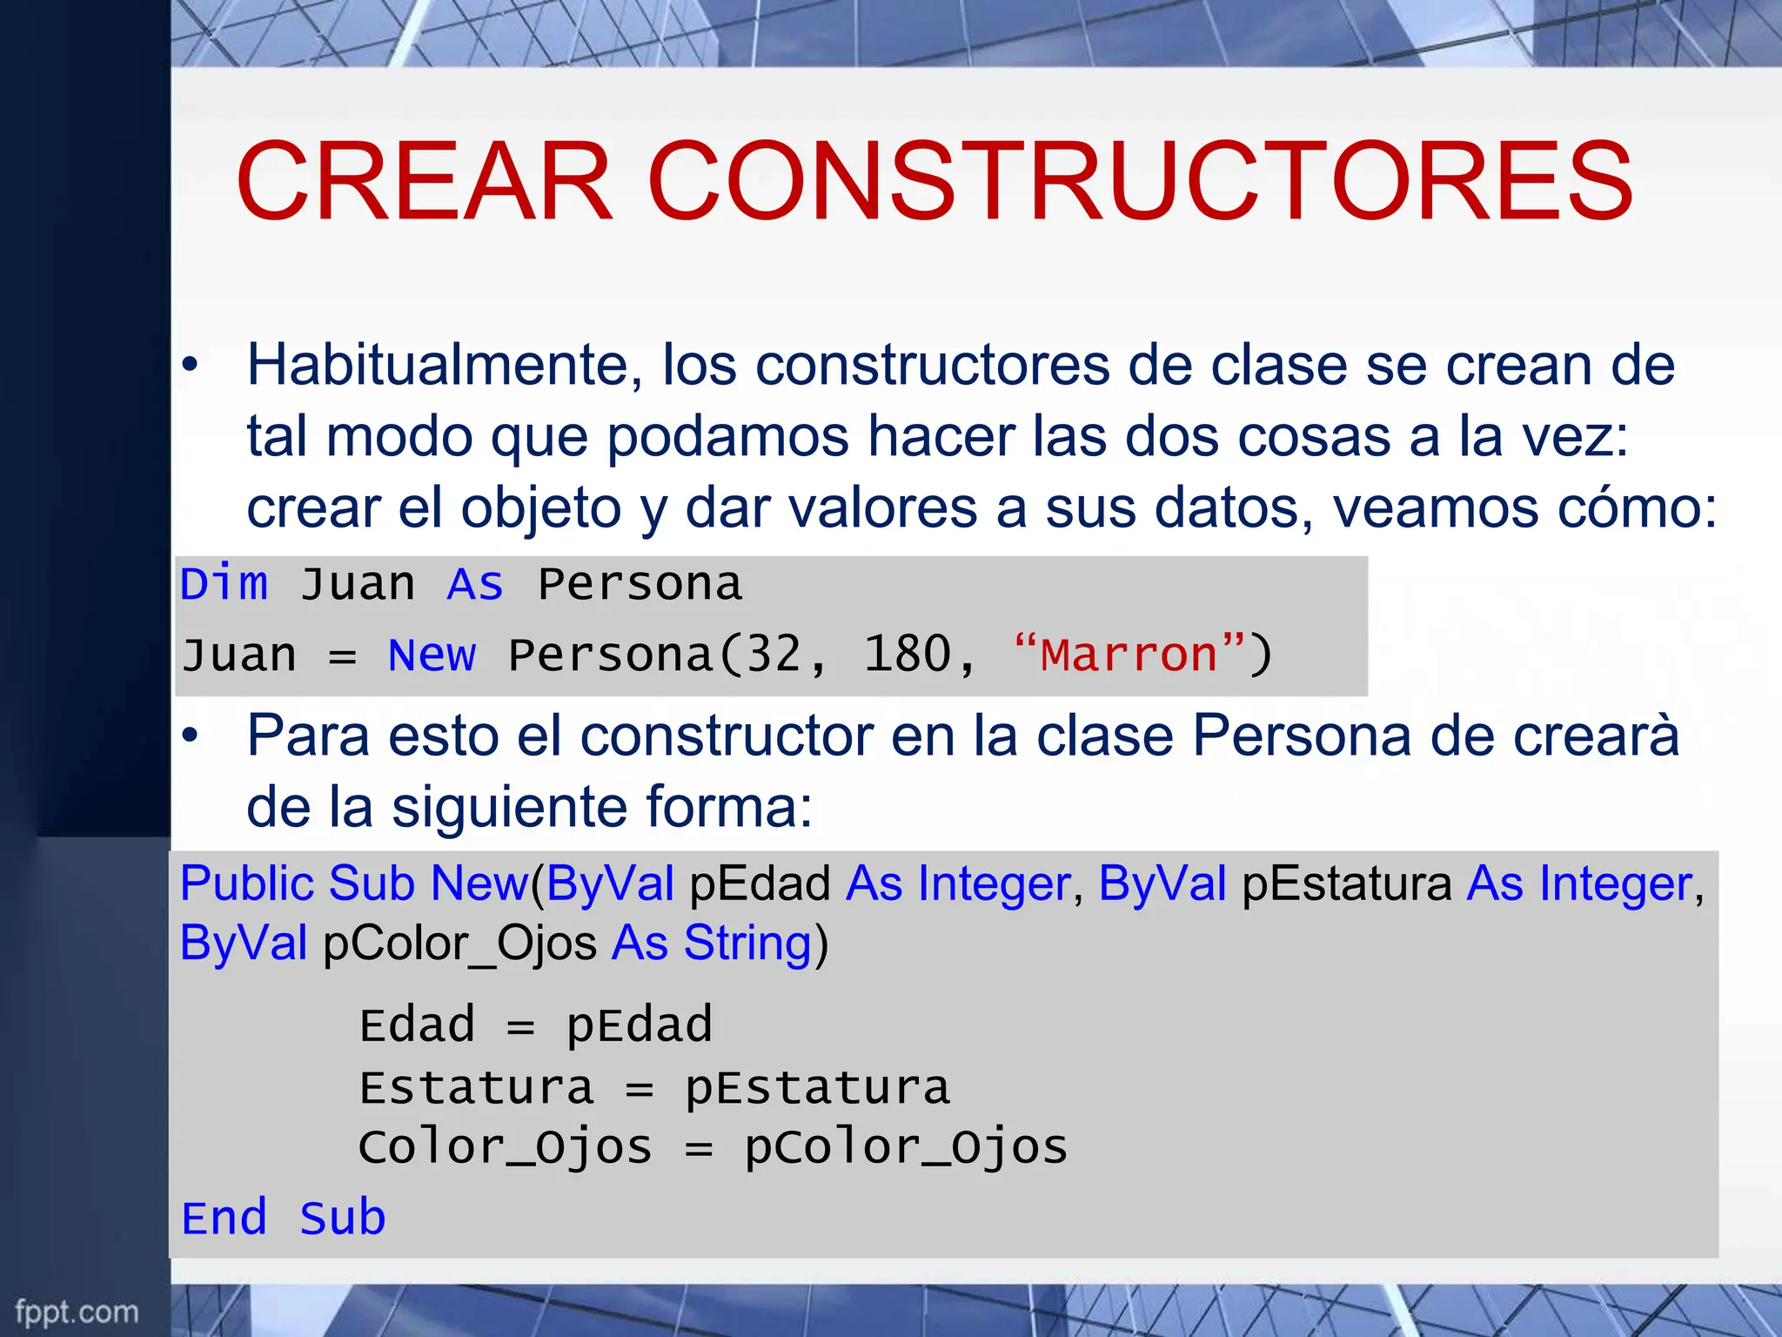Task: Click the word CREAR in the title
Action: tap(424, 182)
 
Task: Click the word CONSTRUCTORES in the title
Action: tap(1139, 182)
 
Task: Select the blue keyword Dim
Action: tap(224, 583)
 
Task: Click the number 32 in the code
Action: tap(774, 655)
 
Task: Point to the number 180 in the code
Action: tap(908, 655)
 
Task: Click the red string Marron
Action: tap(1129, 655)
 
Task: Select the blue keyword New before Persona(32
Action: tap(432, 655)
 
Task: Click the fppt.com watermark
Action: tap(77, 1311)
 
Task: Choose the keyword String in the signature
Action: tap(747, 943)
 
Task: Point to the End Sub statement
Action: tap(283, 1218)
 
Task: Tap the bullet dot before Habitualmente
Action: tap(191, 366)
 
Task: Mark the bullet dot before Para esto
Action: tap(191, 736)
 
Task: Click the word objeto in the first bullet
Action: tap(540, 508)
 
